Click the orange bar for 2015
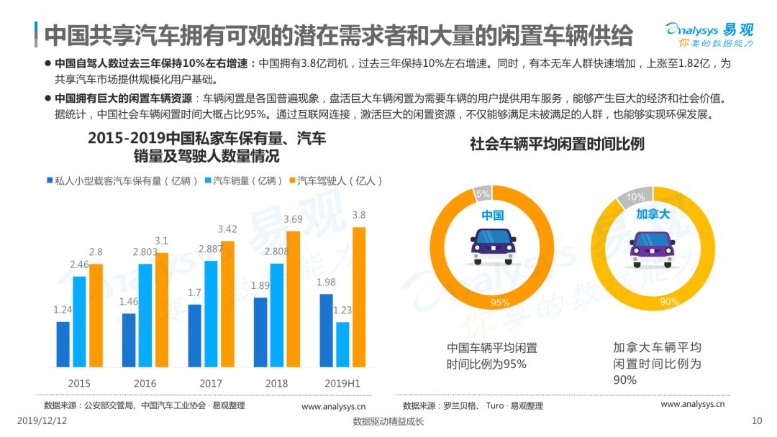96,316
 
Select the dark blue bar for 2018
260,332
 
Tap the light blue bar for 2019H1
342,344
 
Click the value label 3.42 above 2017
227,229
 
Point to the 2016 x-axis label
145,384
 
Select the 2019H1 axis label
342,384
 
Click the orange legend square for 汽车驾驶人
292,180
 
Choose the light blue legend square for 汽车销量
208,180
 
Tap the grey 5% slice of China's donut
483,193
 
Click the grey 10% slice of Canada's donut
635,196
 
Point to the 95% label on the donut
500,303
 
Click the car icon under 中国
493,246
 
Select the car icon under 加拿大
653,249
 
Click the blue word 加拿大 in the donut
653,214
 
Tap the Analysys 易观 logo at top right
709,34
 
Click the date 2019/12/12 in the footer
42,420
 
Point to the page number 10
757,420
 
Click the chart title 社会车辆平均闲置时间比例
557,144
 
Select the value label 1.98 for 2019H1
326,282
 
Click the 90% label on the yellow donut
670,301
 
